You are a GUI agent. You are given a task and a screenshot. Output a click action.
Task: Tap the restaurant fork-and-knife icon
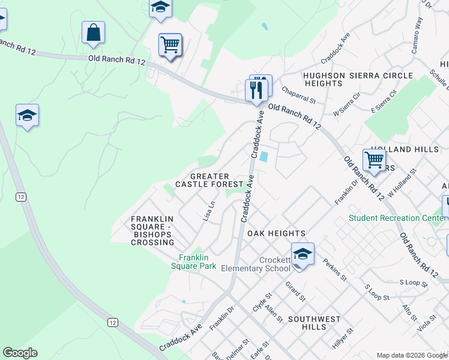(256, 90)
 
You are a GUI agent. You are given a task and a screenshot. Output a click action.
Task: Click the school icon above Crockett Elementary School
(303, 254)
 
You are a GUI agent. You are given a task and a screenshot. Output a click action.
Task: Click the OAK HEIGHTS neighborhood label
(277, 233)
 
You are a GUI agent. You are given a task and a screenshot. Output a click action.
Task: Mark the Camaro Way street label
(417, 35)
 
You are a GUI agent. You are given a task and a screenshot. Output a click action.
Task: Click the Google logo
(20, 353)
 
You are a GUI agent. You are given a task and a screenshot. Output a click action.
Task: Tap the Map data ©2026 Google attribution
(411, 355)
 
